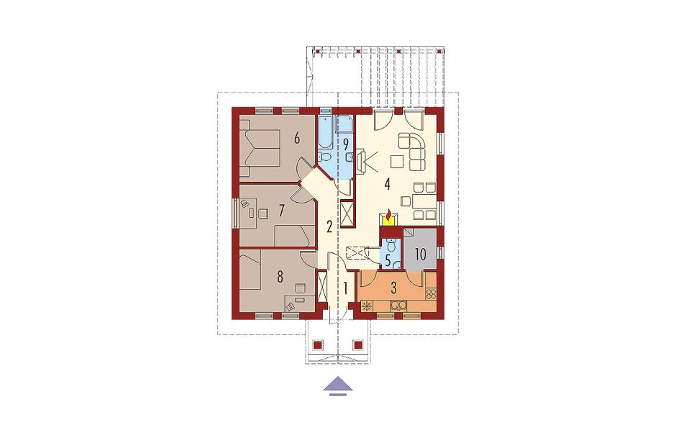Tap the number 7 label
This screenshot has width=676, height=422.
[281, 211]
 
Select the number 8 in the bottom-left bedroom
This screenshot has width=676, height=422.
[280, 277]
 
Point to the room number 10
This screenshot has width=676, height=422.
[420, 254]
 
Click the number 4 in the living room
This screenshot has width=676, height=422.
[387, 185]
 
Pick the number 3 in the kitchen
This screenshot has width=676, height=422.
[393, 288]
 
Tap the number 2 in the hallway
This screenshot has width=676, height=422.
[329, 226]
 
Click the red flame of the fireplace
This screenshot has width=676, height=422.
[388, 214]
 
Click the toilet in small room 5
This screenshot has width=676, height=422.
[391, 245]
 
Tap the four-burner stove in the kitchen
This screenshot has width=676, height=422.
[431, 294]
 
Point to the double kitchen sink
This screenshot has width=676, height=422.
[398, 306]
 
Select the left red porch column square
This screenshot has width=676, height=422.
[318, 345]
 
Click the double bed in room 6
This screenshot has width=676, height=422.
[260, 148]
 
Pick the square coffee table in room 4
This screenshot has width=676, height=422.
[397, 162]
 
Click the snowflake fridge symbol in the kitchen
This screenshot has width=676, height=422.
[367, 306]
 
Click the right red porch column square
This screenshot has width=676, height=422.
[358, 345]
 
